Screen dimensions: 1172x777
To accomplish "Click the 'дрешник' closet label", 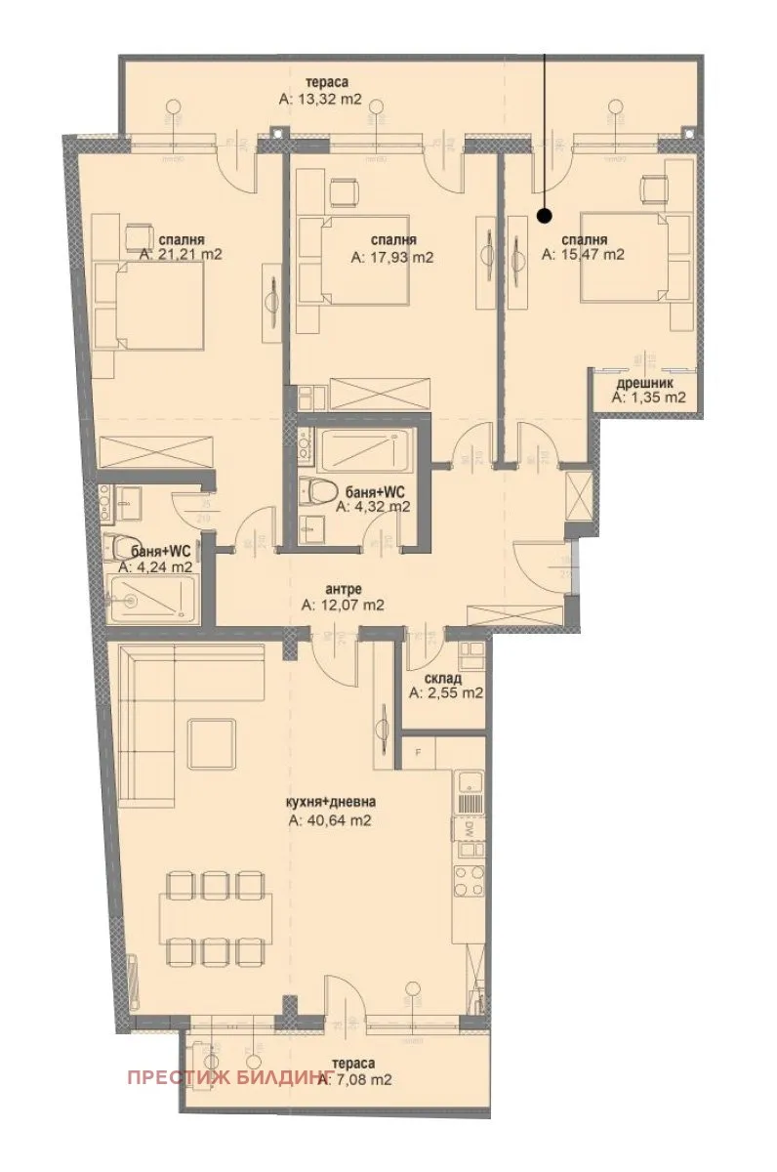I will (648, 383).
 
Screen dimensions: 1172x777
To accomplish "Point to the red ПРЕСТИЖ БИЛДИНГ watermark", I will (230, 1079).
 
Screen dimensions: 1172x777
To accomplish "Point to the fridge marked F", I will (419, 753).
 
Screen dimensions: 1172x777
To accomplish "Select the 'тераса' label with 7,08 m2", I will (351, 1064).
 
